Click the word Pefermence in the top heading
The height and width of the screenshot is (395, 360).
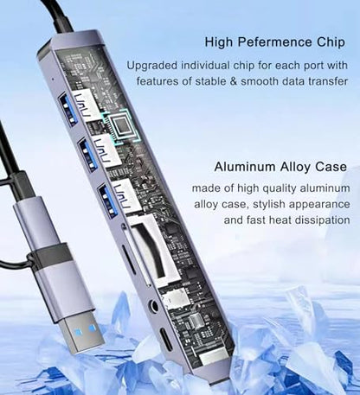(x=275, y=42)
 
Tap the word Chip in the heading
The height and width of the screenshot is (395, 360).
(x=331, y=42)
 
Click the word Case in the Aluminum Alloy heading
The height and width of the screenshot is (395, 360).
(x=331, y=167)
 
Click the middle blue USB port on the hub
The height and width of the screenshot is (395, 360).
(x=88, y=155)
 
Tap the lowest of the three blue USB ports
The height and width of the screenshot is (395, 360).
(x=108, y=201)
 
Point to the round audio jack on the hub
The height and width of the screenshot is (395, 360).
(x=152, y=306)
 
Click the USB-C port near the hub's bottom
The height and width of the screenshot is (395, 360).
(x=165, y=335)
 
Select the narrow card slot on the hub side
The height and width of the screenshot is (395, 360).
(x=128, y=259)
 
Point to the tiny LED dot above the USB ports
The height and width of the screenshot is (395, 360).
(x=52, y=78)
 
